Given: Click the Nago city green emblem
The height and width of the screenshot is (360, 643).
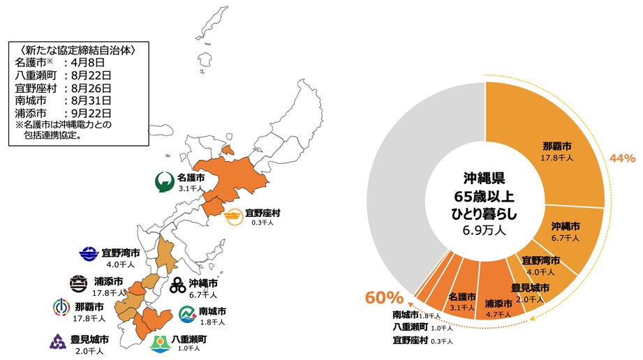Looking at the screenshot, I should [164, 182].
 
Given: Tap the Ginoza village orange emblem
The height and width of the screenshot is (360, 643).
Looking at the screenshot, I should [234, 218].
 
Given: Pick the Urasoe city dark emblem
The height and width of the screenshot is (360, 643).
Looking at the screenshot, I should [79, 284].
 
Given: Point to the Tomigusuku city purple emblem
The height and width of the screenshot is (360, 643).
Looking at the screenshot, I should [57, 341].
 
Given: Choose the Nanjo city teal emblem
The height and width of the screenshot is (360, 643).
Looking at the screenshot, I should [188, 315].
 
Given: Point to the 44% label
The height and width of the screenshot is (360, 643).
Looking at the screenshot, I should [622, 158].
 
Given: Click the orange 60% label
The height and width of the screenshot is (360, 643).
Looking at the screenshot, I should [379, 298].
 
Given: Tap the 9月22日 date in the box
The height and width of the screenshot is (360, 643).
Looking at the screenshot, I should [88, 112].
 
